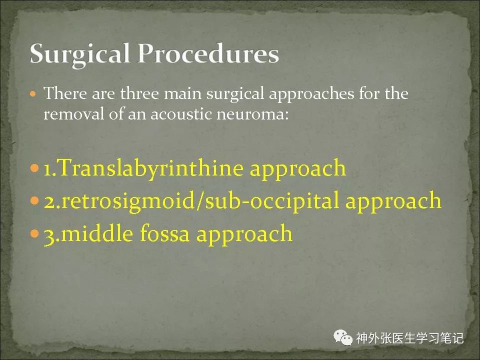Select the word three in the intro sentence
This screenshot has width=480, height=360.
[139, 93]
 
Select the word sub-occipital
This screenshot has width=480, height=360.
[272, 201]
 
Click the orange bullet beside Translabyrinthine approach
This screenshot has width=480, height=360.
[35, 168]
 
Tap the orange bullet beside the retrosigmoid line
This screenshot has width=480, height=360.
[35, 201]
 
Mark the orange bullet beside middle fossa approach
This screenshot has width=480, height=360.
[35, 233]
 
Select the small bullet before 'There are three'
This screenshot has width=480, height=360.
[33, 93]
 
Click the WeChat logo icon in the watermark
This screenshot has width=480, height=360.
[343, 337]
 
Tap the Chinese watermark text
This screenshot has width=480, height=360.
[410, 338]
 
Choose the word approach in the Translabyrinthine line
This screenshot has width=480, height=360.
[298, 169]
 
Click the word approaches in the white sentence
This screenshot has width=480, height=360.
[311, 94]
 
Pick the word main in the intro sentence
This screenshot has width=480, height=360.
[183, 93]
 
